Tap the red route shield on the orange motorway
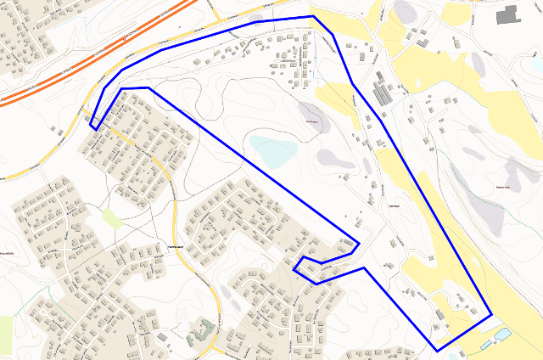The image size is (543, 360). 126,38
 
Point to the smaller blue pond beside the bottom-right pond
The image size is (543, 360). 485,346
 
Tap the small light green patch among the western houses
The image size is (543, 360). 112,218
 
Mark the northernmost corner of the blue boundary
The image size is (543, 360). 312,16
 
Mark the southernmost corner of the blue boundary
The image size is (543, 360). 437,351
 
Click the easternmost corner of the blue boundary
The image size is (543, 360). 492,315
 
